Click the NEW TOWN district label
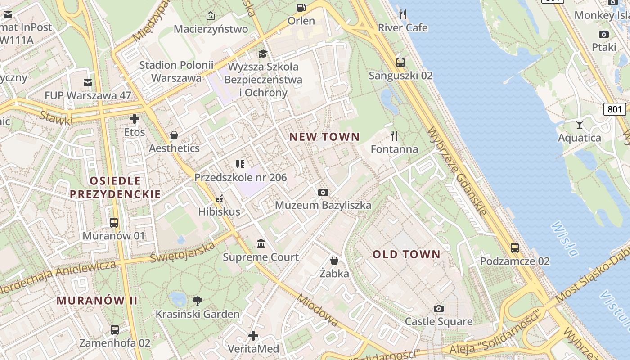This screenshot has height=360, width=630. point(324,137)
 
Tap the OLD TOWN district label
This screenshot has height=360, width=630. point(406,254)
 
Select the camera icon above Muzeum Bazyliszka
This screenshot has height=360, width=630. point(323,193)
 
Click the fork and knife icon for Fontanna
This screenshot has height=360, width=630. point(394,136)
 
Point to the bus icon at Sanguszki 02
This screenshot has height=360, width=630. point(400,63)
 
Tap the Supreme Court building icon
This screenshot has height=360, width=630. point(261,244)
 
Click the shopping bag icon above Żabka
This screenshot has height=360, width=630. point(334,260)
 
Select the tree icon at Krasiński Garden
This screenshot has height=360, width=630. point(197,301)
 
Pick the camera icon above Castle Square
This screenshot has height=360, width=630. point(439,308)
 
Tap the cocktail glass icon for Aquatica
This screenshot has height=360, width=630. point(579,125)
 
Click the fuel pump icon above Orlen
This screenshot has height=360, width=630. point(301,8)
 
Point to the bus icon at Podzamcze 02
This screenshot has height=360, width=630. point(514,247)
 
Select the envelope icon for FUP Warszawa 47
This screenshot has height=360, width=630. point(88,82)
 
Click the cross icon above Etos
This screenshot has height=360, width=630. point(135,119)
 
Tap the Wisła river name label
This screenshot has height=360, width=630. point(564,238)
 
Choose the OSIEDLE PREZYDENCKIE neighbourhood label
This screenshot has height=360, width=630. point(115,188)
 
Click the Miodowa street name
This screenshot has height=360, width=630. point(318,310)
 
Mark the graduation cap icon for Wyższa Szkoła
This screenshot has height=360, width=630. point(263,54)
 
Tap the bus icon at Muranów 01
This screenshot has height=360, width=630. point(114,222)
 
